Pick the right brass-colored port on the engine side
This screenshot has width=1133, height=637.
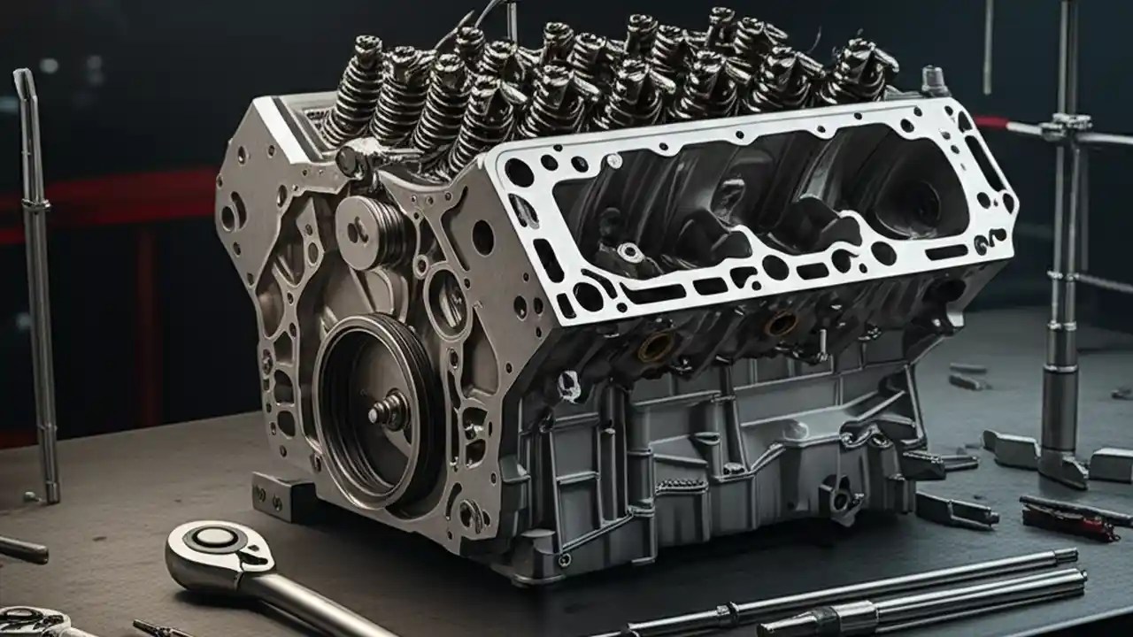pyautogui.click(x=781, y=323)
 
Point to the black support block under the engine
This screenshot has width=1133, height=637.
pyautogui.click(x=274, y=495)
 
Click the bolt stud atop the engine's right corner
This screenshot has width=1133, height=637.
pyautogui.click(x=933, y=81)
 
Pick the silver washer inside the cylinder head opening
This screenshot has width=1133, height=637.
pyautogui.click(x=630, y=253)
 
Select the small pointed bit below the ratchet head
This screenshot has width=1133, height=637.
pyautogui.click(x=155, y=629)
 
